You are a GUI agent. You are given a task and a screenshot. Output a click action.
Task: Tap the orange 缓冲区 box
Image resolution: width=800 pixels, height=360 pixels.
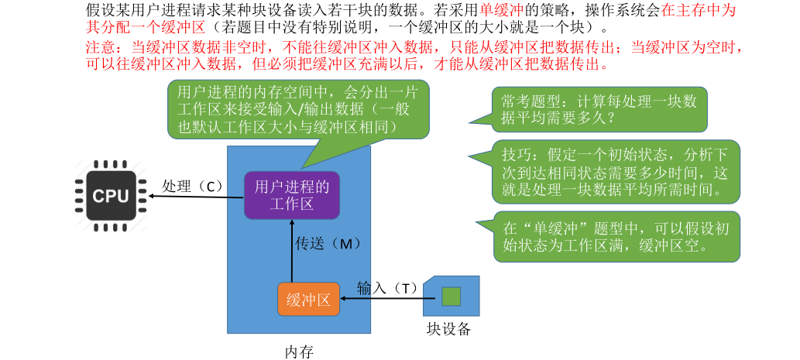308,300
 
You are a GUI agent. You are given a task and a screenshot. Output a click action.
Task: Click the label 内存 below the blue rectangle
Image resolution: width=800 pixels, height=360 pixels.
298,351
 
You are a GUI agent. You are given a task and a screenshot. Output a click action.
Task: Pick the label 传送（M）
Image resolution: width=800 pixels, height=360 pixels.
328,243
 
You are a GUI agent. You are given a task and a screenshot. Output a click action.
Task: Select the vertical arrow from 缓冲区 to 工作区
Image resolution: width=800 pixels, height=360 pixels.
292,252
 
